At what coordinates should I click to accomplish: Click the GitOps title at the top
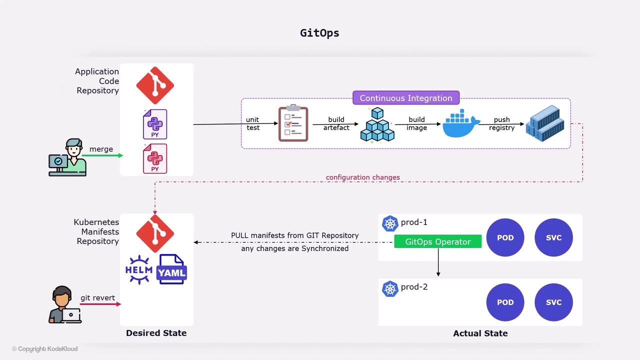coord(319,33)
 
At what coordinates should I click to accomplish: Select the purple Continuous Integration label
coord(405,98)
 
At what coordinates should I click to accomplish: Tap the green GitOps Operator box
coord(437,241)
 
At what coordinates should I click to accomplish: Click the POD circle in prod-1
coord(505,237)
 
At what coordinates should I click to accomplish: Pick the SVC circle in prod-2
coord(553,302)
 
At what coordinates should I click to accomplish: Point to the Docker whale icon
coord(460,124)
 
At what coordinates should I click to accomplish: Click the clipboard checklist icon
coord(293,123)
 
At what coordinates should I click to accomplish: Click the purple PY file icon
coord(155,124)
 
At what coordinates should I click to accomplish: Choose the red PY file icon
coord(155,158)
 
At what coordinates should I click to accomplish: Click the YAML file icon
coord(172,269)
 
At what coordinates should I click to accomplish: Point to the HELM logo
coord(139,269)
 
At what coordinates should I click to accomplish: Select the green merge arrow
coord(102,155)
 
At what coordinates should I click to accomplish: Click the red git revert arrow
coord(100,304)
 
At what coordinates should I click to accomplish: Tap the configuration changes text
coord(362,177)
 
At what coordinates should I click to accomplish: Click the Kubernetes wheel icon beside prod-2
coord(390,288)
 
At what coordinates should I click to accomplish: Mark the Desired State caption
coord(156,333)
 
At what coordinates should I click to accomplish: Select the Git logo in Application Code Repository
coord(155,85)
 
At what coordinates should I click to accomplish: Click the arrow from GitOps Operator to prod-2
coord(438,262)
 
